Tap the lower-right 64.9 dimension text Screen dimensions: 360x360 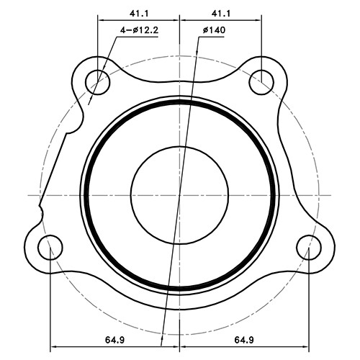[247, 338]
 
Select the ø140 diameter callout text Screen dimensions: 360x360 [214, 30]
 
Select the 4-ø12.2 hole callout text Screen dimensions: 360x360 [140, 30]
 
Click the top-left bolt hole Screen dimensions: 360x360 [98, 81]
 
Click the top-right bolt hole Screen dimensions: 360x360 [261, 81]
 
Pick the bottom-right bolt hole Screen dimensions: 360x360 [307, 247]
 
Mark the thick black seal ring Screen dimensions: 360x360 [85, 194]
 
